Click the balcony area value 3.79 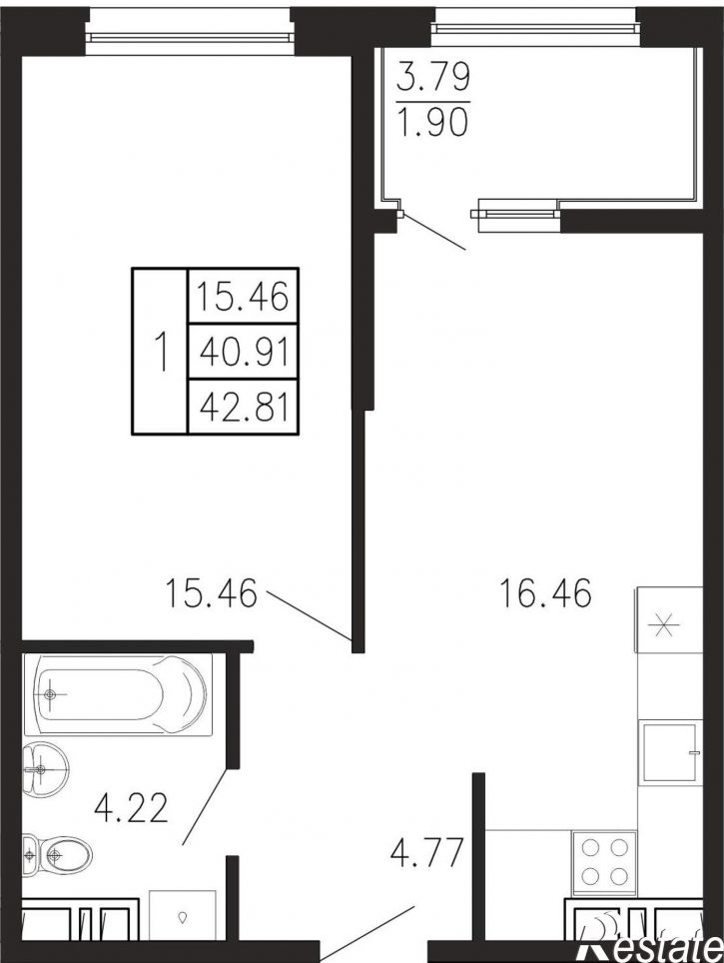433,77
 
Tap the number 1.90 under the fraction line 433,121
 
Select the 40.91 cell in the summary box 244,352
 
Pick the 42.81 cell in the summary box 244,407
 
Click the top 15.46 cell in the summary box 244,296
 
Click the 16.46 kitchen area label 546,593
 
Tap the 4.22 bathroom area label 132,808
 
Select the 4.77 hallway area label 426,852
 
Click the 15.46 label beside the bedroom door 211,593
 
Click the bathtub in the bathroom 118,694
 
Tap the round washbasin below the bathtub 46,769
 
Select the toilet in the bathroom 57,854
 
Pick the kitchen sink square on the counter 669,752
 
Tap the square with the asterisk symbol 669,619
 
